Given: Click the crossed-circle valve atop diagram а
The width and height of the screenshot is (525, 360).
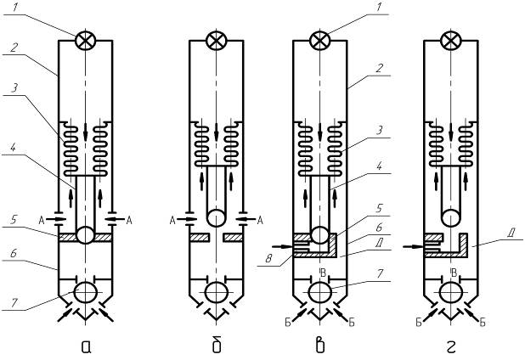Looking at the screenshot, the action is click(86, 41).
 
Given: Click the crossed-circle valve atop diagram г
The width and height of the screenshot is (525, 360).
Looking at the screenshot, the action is click(451, 41).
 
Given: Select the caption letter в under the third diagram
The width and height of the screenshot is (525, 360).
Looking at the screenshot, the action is click(320, 346).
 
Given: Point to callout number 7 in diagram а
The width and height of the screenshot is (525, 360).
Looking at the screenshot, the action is click(14, 303).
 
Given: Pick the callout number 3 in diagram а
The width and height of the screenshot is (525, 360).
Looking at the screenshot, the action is click(14, 88).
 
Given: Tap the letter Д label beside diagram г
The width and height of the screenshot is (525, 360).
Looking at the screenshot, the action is click(511, 233).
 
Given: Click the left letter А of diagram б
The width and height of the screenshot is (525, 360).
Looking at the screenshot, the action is click(172, 220).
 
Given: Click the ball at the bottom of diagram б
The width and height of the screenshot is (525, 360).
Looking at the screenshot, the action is click(217, 293).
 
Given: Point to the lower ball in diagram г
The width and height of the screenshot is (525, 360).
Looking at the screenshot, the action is click(451, 293).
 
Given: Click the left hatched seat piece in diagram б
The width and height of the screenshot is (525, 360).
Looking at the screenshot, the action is click(200, 238).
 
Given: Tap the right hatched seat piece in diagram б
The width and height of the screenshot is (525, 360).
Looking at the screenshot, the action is click(234, 238).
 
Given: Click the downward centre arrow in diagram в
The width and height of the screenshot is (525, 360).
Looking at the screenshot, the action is click(320, 132).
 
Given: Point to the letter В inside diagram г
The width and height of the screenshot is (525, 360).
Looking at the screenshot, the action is click(454, 273).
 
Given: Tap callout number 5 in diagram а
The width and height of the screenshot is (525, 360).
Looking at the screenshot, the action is click(14, 220).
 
